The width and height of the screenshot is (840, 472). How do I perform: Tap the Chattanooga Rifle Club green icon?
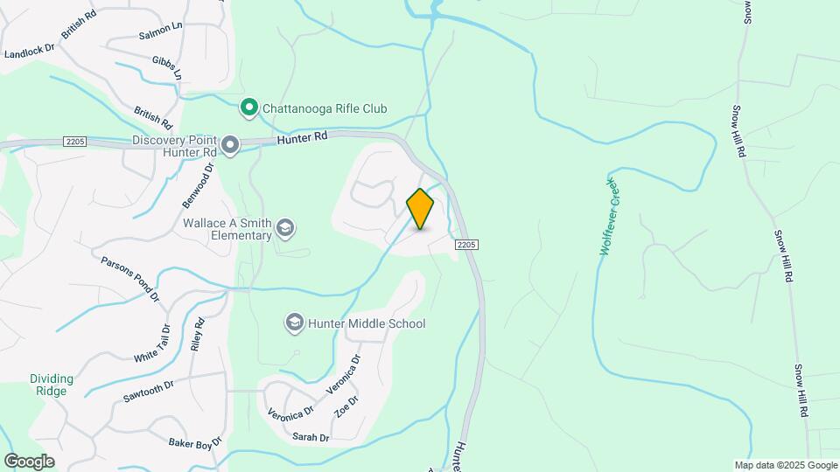pos(249,108)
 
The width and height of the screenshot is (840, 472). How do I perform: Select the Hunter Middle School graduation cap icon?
pos(295,323)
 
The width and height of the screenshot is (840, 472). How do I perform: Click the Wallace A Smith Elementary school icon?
pos(284,229)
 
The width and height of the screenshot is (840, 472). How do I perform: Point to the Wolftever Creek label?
pos(608,217)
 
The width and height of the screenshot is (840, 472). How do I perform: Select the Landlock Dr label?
pos(30,53)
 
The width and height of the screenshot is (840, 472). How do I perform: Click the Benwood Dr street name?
pos(198,184)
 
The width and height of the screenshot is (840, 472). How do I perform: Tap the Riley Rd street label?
pos(198,334)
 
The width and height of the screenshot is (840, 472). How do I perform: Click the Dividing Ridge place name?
pos(52,385)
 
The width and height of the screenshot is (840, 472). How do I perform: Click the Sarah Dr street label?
pos(311,437)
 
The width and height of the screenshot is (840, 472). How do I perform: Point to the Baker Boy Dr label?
pos(192,445)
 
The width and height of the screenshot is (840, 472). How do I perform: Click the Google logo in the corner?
pos(29,461)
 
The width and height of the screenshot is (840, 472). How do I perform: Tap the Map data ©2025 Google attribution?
pos(786,465)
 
